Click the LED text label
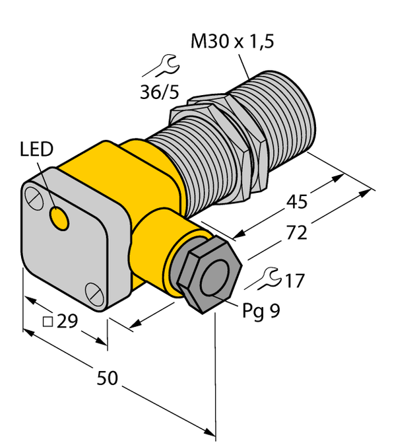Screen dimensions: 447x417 [x=36, y=151]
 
